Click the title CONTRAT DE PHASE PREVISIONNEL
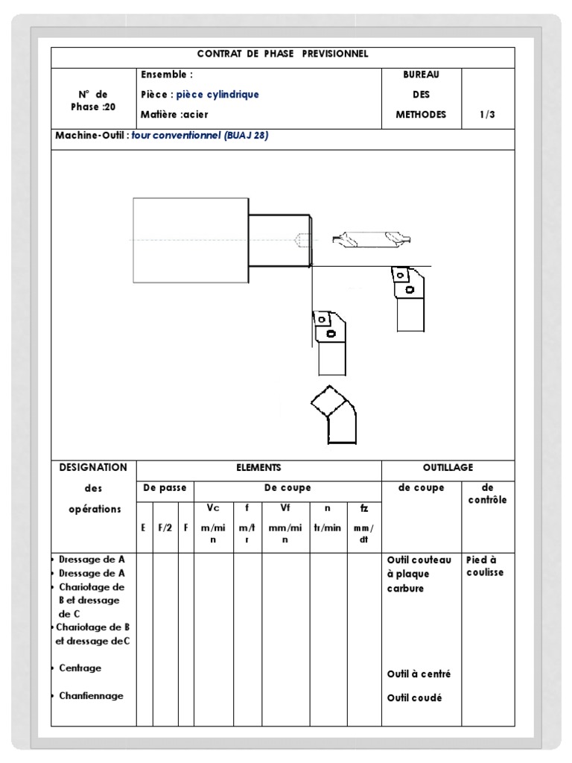[282, 54]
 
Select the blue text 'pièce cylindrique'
[217, 95]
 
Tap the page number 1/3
[488, 115]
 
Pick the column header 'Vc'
[213, 508]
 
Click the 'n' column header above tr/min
[327, 508]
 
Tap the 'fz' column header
[363, 508]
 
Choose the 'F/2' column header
[165, 528]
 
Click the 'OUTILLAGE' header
[448, 468]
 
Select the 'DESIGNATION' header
[94, 468]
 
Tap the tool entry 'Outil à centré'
[419, 674]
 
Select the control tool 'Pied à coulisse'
[485, 566]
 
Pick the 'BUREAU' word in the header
[421, 75]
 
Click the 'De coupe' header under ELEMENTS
[287, 488]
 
